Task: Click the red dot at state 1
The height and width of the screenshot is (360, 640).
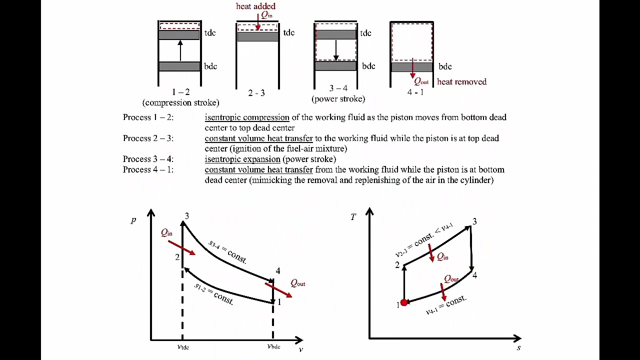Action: (404, 302)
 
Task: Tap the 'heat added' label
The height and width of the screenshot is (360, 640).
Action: (255, 6)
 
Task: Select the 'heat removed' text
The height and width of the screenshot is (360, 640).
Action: (461, 81)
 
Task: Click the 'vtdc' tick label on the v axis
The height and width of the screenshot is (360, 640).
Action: (183, 347)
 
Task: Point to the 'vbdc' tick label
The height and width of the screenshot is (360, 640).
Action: (273, 346)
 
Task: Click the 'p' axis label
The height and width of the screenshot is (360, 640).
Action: (133, 220)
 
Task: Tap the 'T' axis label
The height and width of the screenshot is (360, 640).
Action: (353, 217)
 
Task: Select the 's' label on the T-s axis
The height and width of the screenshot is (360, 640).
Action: (518, 348)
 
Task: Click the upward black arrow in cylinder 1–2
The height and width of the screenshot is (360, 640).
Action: (180, 50)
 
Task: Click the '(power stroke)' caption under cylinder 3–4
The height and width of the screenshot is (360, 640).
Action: (338, 99)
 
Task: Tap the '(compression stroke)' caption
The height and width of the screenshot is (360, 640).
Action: (181, 102)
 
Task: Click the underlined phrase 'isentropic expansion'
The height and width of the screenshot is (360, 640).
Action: (242, 159)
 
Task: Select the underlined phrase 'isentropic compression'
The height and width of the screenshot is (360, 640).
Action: (247, 117)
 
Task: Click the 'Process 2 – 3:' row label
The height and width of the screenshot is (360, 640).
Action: (148, 138)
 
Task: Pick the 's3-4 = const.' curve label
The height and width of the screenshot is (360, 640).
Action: (227, 251)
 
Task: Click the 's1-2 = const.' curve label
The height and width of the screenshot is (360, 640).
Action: (214, 294)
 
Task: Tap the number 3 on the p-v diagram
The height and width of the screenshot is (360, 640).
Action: (187, 216)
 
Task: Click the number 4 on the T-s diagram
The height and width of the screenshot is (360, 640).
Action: (474, 275)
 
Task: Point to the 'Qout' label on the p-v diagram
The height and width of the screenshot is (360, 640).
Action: (298, 283)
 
